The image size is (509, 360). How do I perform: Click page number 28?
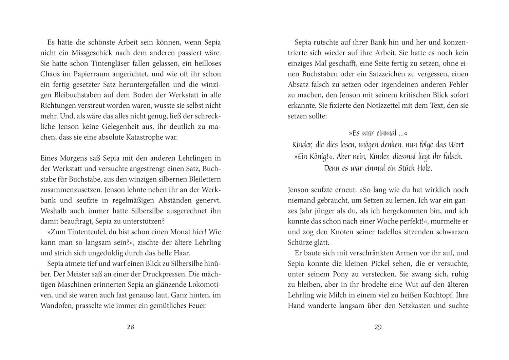(131, 327)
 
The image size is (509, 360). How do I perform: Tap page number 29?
(378, 327)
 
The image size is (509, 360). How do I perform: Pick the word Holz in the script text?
(424, 168)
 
